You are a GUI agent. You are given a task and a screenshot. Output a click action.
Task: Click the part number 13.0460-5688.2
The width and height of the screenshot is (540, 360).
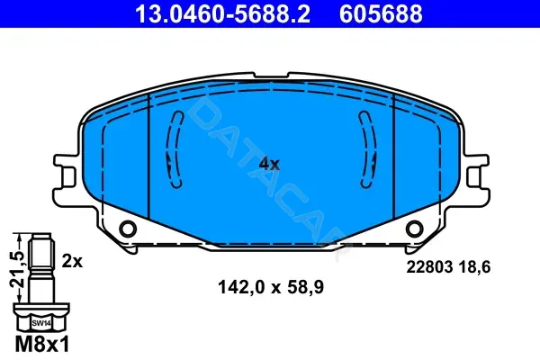222,13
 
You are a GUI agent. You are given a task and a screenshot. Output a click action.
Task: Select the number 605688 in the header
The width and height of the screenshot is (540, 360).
381,13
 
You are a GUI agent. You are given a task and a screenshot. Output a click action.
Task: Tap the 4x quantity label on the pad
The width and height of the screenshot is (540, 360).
269,164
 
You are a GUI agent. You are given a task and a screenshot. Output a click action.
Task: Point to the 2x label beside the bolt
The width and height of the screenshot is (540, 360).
72,262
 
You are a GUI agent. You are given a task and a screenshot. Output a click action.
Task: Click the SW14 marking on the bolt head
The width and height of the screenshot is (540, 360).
41,323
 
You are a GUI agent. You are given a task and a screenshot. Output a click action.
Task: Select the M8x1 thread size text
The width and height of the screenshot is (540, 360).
42,344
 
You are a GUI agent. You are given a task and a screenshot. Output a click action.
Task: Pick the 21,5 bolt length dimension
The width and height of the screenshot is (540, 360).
17,269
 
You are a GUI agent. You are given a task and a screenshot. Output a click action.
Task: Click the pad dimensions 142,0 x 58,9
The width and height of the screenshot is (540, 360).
271,287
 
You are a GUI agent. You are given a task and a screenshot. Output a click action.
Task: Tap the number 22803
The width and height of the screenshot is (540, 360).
429,267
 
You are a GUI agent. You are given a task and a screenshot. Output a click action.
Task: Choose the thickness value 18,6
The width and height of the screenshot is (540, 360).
475,267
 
